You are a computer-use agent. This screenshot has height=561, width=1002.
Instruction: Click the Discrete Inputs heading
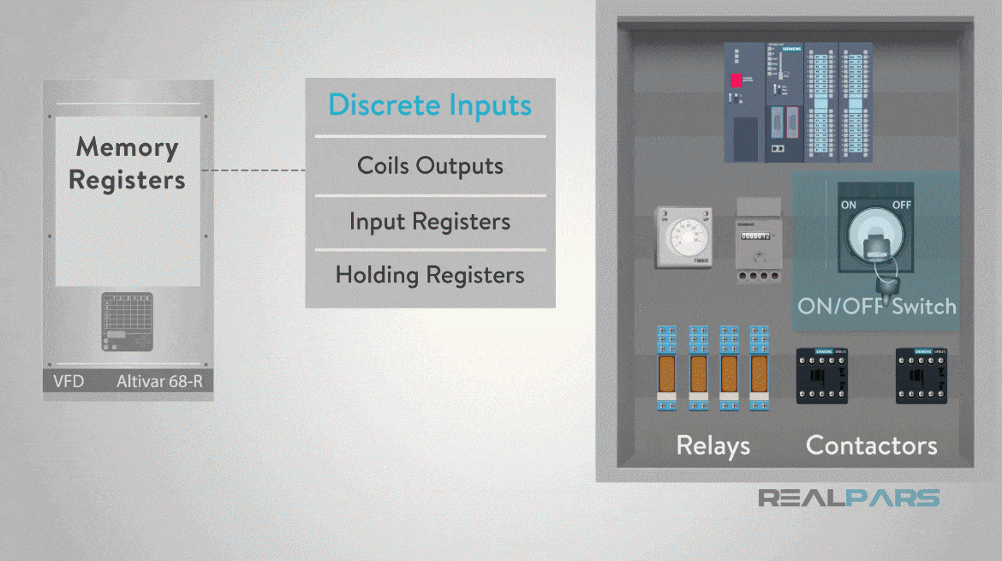coord(430,106)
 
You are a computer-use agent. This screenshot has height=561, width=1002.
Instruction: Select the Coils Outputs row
coord(430,165)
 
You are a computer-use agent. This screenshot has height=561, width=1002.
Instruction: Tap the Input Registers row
coord(430,222)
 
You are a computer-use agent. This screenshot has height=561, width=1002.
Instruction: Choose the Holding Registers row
coord(430,275)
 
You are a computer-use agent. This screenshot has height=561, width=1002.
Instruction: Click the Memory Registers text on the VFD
coord(127,163)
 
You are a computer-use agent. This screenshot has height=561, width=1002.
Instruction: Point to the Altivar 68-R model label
coord(159,380)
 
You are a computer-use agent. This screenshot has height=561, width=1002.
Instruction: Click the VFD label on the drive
coord(69,380)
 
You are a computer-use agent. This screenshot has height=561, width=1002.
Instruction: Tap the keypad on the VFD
coord(128,322)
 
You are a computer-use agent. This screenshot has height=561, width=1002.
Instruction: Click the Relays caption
coord(713,445)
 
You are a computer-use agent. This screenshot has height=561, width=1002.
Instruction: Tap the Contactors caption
coord(871,445)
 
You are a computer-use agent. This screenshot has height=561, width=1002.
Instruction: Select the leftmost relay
coord(668,367)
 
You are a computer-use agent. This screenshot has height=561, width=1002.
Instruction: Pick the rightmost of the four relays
coord(758,367)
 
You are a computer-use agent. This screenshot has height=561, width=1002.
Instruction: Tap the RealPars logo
coord(849,498)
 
